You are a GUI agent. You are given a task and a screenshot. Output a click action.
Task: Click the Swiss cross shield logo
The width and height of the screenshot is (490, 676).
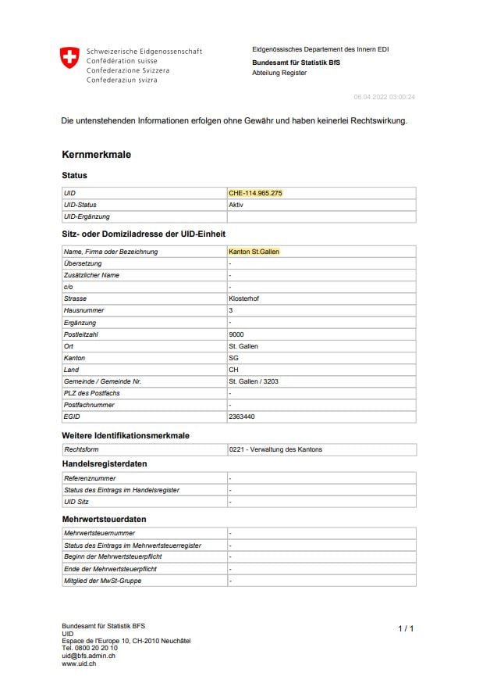click(x=69, y=58)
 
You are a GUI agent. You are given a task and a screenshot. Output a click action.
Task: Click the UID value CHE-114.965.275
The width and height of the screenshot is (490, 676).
click(x=255, y=192)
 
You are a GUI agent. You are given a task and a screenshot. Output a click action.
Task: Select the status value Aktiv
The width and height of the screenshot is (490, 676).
click(x=236, y=205)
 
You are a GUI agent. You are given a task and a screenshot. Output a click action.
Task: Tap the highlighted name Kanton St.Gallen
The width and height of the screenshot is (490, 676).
click(x=254, y=252)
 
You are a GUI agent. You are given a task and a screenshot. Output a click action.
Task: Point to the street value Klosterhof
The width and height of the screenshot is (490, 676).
click(x=244, y=299)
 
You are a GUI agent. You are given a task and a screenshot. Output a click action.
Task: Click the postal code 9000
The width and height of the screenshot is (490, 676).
click(x=236, y=334)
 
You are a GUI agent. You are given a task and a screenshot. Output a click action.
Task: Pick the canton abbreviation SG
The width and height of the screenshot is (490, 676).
click(x=233, y=358)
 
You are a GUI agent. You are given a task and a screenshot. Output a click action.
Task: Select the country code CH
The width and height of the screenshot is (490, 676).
click(x=233, y=370)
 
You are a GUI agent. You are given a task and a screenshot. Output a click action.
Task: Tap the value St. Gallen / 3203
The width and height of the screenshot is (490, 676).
click(x=254, y=381)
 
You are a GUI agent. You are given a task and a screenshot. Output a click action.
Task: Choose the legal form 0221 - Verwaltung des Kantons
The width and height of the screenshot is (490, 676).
click(x=275, y=449)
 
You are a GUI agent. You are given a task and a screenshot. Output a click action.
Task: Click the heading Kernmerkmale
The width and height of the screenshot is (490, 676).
click(x=97, y=155)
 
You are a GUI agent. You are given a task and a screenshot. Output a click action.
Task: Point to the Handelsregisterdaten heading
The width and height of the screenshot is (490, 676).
click(x=105, y=464)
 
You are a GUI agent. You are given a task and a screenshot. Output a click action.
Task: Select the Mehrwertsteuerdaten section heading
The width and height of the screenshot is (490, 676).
click(x=104, y=519)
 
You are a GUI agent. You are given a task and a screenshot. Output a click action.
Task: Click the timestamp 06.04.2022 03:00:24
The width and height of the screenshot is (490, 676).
click(x=384, y=97)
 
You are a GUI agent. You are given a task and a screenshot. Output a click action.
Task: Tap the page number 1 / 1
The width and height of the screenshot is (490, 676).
click(x=406, y=628)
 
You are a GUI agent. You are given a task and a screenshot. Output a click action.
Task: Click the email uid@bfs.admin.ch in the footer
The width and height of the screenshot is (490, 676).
click(x=89, y=656)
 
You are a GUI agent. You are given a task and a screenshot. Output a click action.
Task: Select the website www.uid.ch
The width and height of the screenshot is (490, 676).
click(x=80, y=663)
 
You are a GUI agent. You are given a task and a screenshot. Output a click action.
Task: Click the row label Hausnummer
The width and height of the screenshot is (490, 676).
click(x=83, y=310)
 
